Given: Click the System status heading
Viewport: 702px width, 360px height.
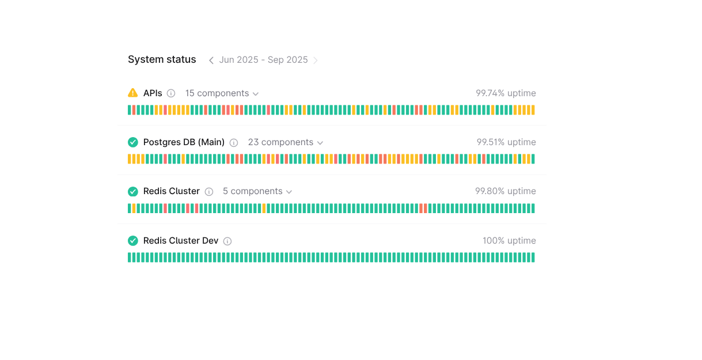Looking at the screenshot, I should point(162,60).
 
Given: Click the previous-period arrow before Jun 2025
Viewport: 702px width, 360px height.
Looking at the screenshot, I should point(211,60).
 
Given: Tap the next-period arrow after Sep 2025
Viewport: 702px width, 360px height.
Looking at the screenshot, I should point(316,60).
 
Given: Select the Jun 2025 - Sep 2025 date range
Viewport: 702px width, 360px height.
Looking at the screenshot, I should point(263,60).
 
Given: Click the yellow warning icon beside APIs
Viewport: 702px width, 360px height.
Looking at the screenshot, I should point(133,93).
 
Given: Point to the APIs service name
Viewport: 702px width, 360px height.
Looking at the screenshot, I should point(153,93).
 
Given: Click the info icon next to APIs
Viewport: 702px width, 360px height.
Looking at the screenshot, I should point(171,93).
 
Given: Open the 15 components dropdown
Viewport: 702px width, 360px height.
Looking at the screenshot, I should point(222,93).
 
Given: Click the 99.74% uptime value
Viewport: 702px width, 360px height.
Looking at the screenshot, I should point(506,93).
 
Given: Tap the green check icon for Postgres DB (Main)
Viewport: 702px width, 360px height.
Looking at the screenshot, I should point(133,142).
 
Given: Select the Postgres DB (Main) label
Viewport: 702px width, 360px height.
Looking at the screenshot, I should point(184,142).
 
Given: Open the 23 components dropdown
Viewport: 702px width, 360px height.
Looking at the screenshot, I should point(285,142).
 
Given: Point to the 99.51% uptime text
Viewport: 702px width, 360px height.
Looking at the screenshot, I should point(506,142).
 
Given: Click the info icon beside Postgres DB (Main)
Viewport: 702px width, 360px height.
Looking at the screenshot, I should point(234,143).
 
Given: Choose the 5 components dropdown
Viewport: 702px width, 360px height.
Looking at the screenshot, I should point(257,191).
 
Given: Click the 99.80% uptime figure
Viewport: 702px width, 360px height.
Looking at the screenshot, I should point(505,191).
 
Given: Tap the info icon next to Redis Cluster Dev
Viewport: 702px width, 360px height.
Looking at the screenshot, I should point(227,241).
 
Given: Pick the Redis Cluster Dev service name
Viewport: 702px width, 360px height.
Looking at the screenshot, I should point(181,241).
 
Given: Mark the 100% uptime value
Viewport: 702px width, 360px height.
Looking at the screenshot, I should point(509,241).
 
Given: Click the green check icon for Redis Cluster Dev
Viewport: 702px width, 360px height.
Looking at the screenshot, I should point(133,241).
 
